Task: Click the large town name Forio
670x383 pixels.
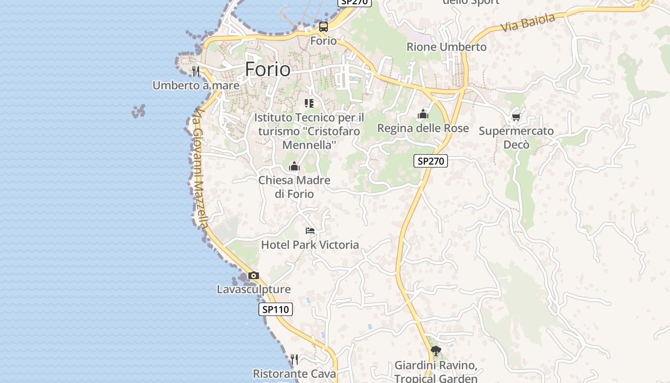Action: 268,69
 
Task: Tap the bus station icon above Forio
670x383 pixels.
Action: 324,27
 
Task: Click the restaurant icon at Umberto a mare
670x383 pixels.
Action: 195,71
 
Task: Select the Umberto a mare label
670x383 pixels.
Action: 196,85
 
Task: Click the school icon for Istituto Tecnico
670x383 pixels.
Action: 309,103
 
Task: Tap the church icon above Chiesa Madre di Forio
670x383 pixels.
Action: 294,167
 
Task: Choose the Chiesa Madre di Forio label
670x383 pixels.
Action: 294,187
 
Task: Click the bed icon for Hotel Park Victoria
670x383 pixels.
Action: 310,231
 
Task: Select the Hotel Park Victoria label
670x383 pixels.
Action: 310,245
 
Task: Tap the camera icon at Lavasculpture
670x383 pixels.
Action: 254,276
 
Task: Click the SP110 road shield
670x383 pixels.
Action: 276,309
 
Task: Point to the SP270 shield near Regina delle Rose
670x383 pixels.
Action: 431,161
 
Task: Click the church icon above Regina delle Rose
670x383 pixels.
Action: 423,114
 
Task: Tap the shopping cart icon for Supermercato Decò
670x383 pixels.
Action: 516,117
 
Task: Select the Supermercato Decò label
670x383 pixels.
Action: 516,137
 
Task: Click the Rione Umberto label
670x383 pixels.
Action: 447,47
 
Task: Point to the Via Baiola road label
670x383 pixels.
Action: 528,23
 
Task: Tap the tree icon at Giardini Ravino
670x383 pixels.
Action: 435,351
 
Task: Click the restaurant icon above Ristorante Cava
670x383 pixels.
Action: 294,359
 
